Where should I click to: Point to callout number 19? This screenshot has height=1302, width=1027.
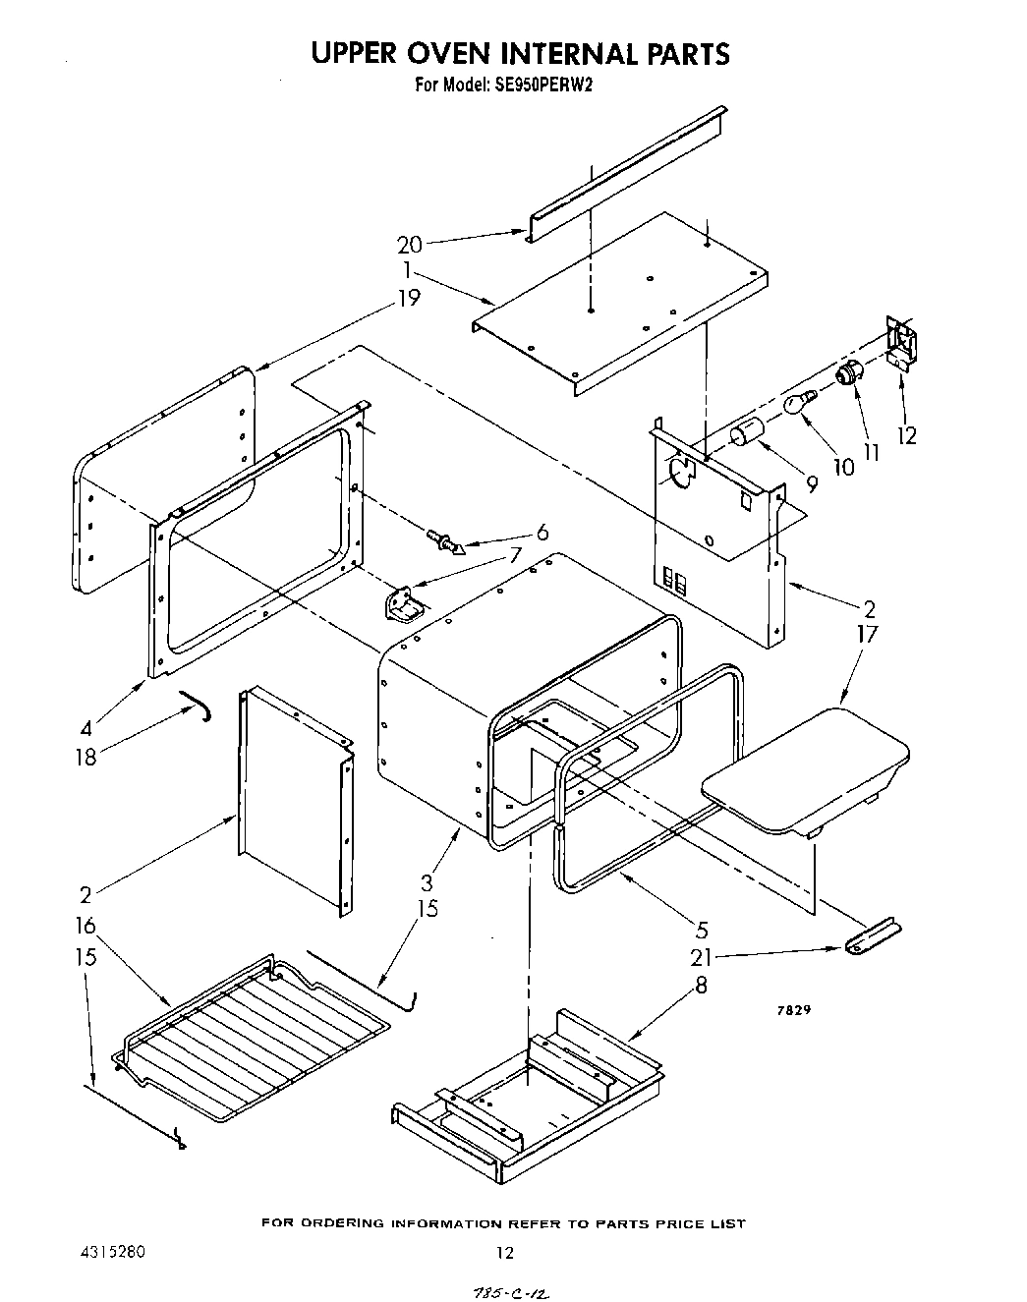(409, 297)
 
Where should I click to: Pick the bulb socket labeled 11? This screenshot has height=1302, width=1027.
(848, 373)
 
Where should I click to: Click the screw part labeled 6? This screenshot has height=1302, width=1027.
(445, 539)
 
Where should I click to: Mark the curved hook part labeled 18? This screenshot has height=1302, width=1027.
(196, 704)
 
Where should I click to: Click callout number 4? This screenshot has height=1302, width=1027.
(86, 729)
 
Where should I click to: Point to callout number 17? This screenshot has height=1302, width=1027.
(866, 635)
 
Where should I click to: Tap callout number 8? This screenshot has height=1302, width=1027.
(700, 985)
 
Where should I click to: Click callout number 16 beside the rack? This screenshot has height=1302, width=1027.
(86, 926)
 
